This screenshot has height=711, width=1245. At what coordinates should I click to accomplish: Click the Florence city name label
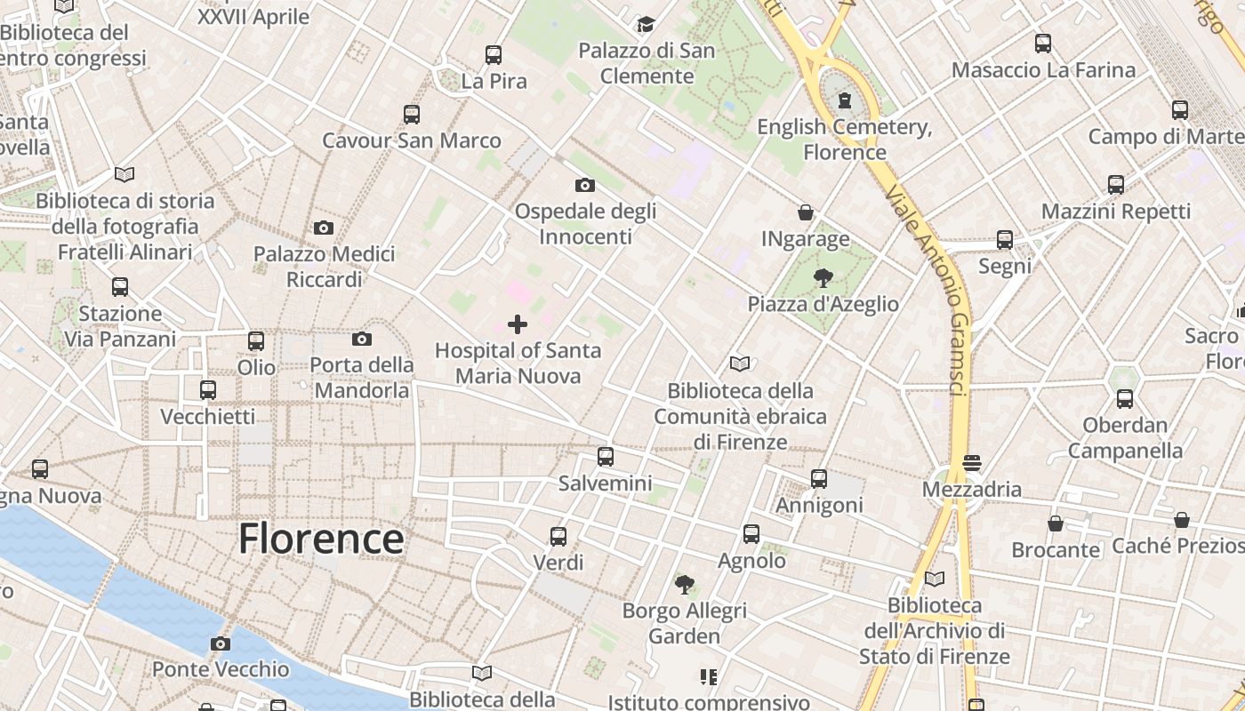(321, 539)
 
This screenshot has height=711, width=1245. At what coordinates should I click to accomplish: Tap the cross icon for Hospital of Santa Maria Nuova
(517, 324)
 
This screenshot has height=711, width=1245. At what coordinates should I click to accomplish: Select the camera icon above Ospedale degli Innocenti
(584, 185)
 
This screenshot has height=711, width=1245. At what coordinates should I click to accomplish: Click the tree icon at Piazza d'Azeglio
(823, 278)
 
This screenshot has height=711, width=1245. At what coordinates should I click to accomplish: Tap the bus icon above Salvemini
(606, 457)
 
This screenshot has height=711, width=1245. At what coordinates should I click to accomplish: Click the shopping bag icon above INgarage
(805, 212)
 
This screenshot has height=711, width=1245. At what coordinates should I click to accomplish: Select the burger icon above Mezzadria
(971, 463)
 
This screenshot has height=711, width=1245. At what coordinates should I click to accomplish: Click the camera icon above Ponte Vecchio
(221, 643)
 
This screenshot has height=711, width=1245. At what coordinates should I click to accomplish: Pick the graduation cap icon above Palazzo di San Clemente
(646, 24)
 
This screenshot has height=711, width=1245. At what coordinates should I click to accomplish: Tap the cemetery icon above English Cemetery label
(844, 100)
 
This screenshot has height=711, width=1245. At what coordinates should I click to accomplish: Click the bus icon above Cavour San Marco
(411, 114)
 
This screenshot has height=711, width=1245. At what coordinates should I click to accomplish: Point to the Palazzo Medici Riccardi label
(324, 267)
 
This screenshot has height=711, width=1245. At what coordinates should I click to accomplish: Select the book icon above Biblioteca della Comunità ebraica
(740, 363)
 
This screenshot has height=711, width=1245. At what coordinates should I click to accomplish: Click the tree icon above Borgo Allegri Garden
(684, 584)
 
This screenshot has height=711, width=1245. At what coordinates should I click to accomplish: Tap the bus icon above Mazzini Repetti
(1115, 185)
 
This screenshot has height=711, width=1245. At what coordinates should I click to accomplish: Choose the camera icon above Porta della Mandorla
(361, 339)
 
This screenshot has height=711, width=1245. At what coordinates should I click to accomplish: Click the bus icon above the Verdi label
(558, 536)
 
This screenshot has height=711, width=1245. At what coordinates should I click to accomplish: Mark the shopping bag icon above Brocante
(1056, 523)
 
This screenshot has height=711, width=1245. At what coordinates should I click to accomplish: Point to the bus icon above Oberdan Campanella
(1125, 398)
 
